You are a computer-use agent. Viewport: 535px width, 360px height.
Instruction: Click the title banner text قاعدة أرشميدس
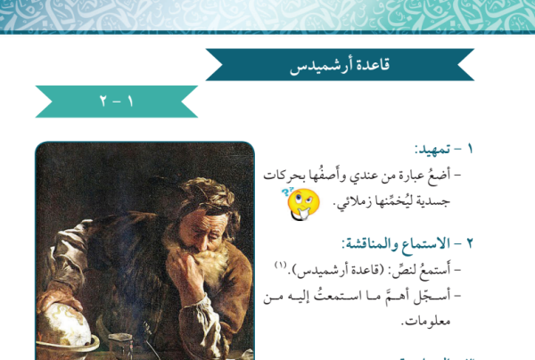[x=340, y=65]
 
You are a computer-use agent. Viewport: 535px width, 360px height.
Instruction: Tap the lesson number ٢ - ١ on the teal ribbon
[x=116, y=102]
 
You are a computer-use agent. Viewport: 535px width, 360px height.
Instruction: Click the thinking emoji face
[x=302, y=204]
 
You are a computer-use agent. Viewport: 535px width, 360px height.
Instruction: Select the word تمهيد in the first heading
[x=432, y=149]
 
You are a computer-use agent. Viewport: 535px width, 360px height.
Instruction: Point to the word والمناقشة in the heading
[x=370, y=243]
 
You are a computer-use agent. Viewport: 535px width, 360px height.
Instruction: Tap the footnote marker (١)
[x=281, y=265]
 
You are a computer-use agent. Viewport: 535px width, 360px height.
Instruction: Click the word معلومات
[x=425, y=321]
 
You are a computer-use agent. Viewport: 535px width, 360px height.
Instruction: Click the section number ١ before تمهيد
[x=470, y=149]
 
